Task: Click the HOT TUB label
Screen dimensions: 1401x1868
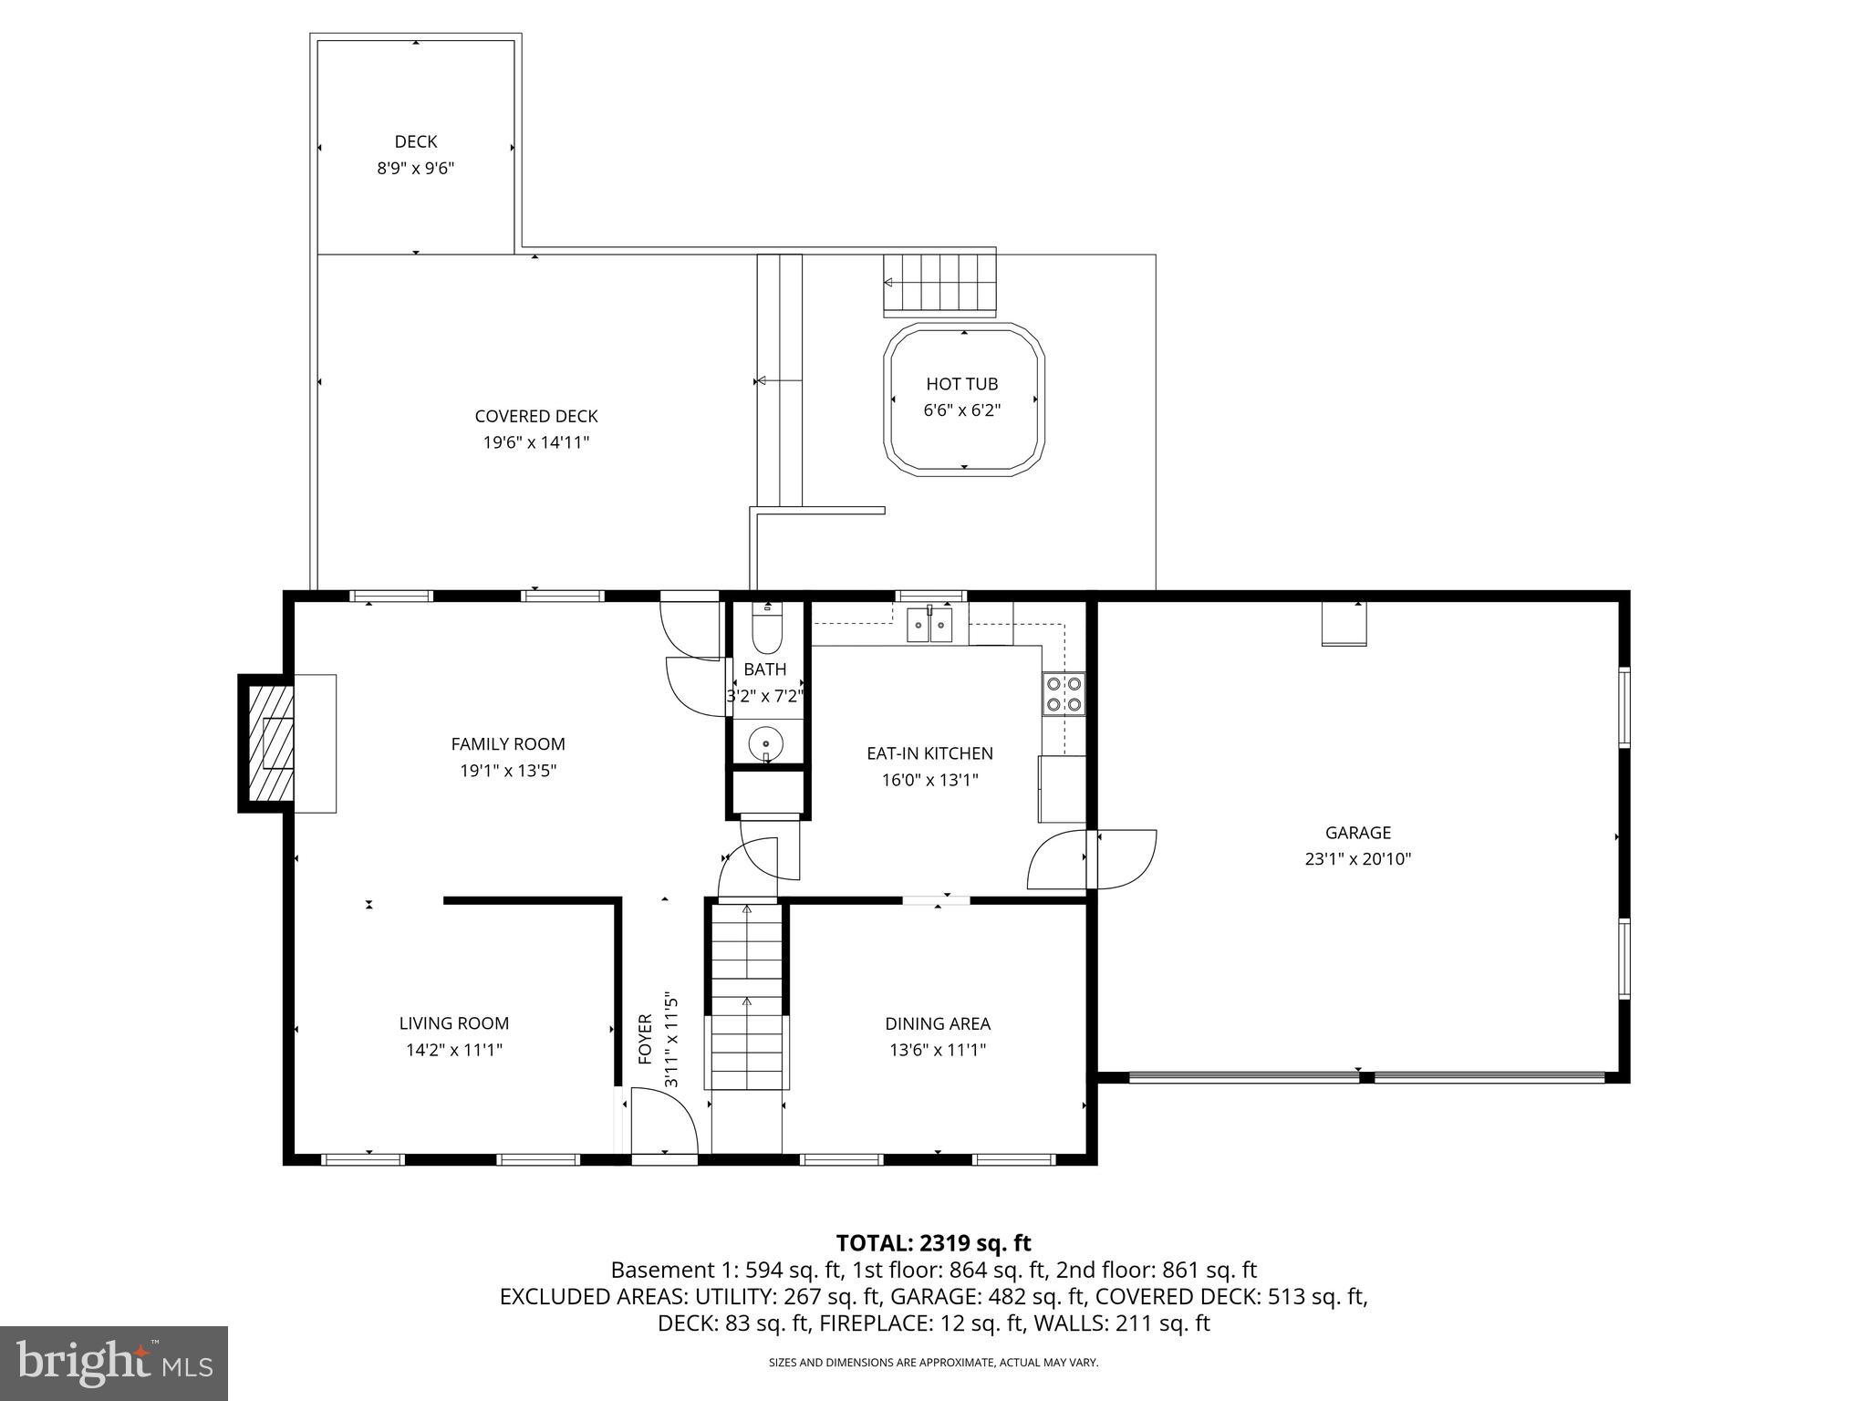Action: click(x=961, y=384)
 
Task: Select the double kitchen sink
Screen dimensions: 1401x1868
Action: click(x=929, y=625)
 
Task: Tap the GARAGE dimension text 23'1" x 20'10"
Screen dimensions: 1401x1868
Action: click(x=1357, y=858)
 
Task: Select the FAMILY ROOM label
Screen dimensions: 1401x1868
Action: click(x=508, y=744)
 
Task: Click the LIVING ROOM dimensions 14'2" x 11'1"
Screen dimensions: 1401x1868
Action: click(x=454, y=1050)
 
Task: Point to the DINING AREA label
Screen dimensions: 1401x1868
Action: click(x=938, y=1023)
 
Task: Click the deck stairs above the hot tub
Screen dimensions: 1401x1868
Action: click(x=939, y=283)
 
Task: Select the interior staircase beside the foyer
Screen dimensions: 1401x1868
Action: click(x=747, y=999)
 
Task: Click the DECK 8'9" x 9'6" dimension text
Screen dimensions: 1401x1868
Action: click(x=415, y=169)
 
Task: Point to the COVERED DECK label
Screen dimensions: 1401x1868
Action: click(x=536, y=416)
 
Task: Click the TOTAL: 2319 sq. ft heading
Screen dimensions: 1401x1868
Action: click(x=933, y=1242)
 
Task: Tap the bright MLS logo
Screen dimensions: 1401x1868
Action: click(x=114, y=1363)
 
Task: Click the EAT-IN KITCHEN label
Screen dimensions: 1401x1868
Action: click(x=929, y=753)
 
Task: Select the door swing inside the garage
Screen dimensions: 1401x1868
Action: click(x=1125, y=858)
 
